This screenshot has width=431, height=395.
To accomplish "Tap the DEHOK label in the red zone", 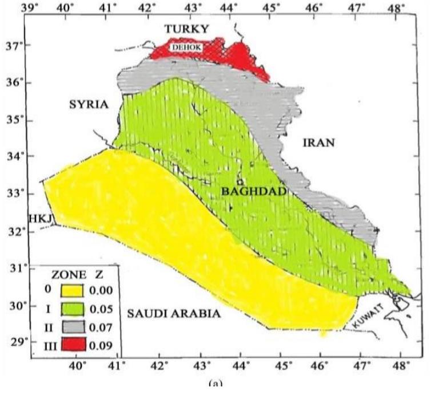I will [186, 49].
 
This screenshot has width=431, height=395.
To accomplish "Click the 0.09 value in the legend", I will [111, 345].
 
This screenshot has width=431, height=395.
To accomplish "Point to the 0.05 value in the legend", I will [111, 309].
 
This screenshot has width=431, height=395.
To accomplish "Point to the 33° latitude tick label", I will [12, 193].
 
